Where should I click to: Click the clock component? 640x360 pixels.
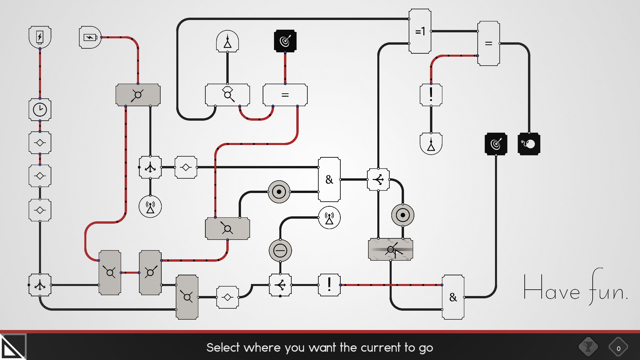click(x=40, y=109)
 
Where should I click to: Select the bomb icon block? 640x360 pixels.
click(x=529, y=144)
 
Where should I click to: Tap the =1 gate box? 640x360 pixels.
click(x=420, y=31)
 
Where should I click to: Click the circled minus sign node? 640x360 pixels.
click(x=280, y=251)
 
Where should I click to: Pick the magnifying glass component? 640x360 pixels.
click(x=227, y=95)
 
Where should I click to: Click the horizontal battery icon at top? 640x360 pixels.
click(x=90, y=37)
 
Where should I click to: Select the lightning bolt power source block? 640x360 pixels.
click(x=40, y=37)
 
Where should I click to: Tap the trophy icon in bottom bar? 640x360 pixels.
click(x=588, y=347)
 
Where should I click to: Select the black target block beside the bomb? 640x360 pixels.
click(x=496, y=144)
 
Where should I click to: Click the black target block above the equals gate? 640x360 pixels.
click(x=285, y=41)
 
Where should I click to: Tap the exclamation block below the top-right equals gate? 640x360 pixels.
click(x=431, y=95)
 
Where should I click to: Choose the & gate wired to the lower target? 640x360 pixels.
click(x=453, y=297)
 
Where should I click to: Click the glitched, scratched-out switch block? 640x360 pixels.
click(x=391, y=249)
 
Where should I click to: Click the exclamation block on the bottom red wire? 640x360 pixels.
click(x=329, y=285)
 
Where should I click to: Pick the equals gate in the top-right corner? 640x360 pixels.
click(x=489, y=43)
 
